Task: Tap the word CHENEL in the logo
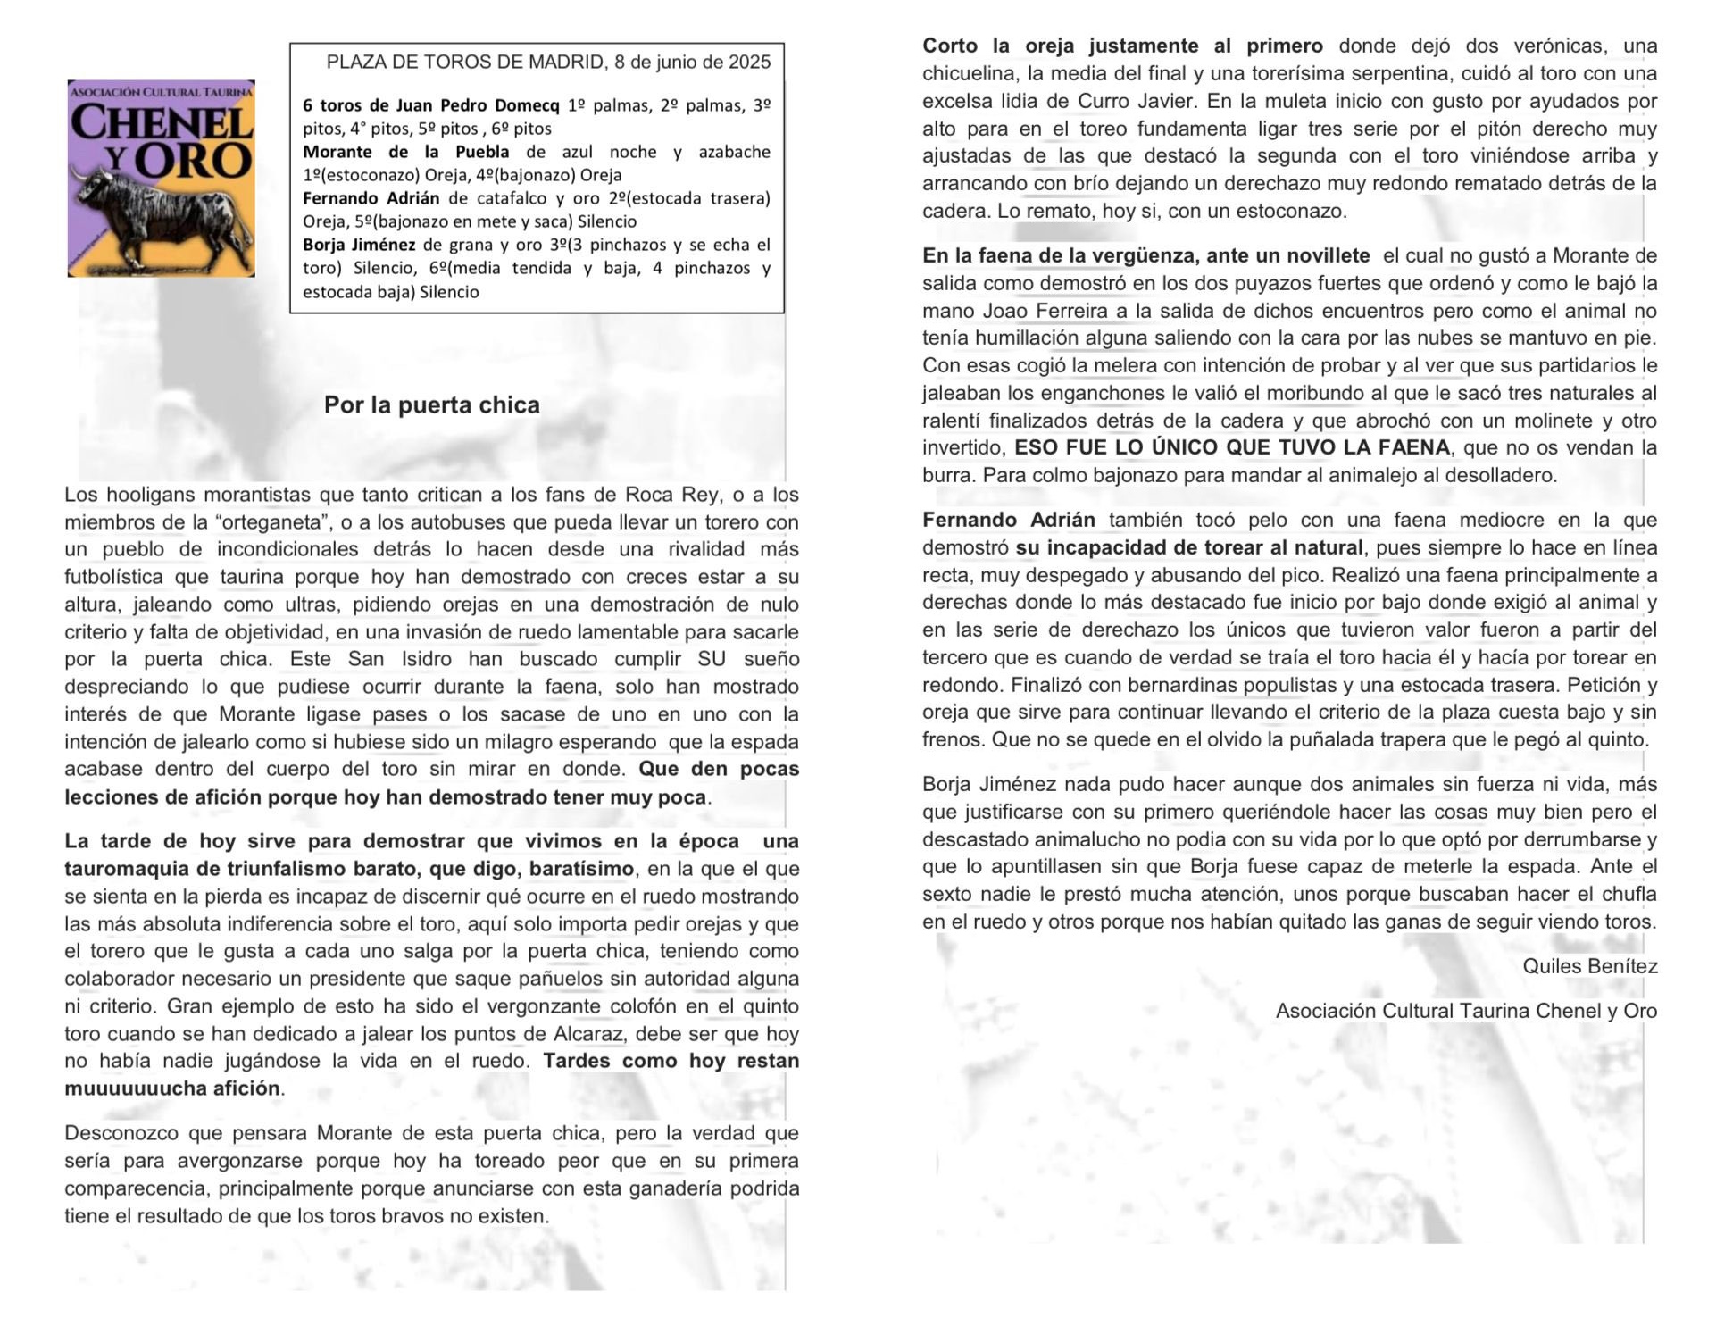pos(162,123)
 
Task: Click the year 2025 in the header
pos(748,63)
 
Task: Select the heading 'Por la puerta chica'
pos(431,405)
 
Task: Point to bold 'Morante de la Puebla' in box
pos(405,152)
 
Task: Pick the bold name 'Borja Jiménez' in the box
pos(358,245)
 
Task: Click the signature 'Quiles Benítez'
pos(1589,966)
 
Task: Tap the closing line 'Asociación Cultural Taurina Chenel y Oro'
pos(1466,1011)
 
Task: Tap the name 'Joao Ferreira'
pos(1040,311)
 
